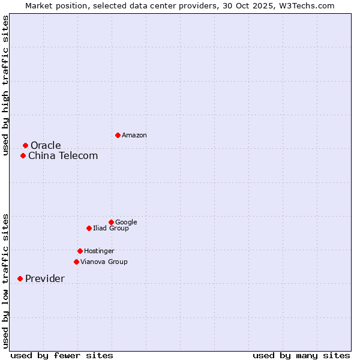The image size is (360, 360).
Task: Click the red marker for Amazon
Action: pyautogui.click(x=118, y=135)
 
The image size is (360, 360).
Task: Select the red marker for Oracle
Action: pyautogui.click(x=25, y=145)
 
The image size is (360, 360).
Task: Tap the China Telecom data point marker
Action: pyautogui.click(x=23, y=155)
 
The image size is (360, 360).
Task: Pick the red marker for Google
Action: pyautogui.click(x=111, y=222)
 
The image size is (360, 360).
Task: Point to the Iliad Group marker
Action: pyautogui.click(x=89, y=228)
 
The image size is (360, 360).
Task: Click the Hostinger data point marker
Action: pyautogui.click(x=80, y=251)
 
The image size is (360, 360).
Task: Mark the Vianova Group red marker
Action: pyautogui.click(x=76, y=262)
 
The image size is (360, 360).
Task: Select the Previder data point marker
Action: pyautogui.click(x=20, y=278)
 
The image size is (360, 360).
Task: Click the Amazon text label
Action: pyautogui.click(x=134, y=136)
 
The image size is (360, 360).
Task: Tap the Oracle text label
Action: pyautogui.click(x=46, y=146)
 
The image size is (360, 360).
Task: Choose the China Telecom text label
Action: pyautogui.click(x=63, y=156)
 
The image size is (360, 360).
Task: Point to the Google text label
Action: pyautogui.click(x=126, y=223)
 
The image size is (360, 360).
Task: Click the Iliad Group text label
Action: pyautogui.click(x=111, y=229)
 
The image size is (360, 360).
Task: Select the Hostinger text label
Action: pyautogui.click(x=99, y=251)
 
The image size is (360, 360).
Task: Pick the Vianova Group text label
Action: pyautogui.click(x=104, y=262)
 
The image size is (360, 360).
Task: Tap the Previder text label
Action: pyautogui.click(x=45, y=279)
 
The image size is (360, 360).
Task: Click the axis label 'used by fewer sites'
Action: pyautogui.click(x=62, y=355)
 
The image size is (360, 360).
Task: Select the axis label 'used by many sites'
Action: pyautogui.click(x=301, y=355)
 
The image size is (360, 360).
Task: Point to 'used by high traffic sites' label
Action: pyautogui.click(x=5, y=85)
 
